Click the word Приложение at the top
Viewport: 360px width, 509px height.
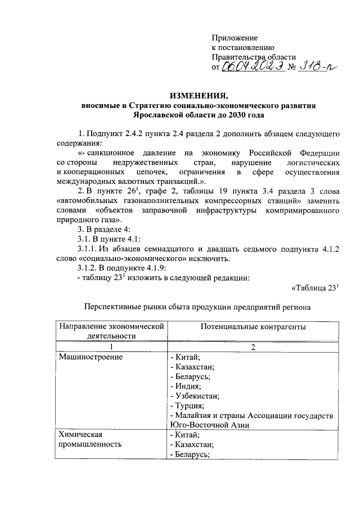coord(235,37)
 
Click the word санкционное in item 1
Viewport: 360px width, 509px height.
coord(109,154)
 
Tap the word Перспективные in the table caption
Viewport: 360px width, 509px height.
coord(110,307)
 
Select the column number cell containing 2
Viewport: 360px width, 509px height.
coord(253,346)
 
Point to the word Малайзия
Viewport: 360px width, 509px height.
coord(195,415)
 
